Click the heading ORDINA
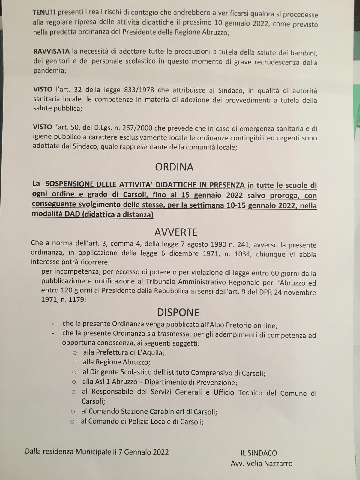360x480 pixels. tap(174, 167)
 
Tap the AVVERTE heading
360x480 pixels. tap(176, 232)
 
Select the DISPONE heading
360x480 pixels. tap(178, 312)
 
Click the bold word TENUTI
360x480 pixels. tap(44, 13)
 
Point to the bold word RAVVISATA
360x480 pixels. tap(51, 51)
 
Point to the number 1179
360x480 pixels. tap(75, 300)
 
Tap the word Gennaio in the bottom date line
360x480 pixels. tap(137, 452)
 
